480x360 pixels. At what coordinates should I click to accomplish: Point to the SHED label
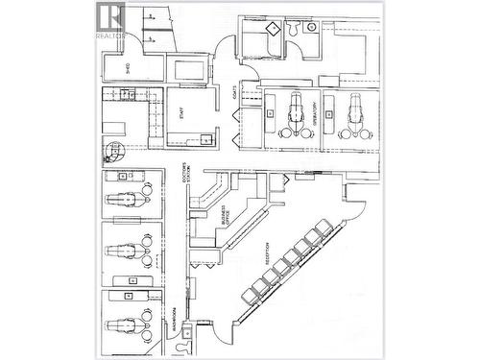pos(129,67)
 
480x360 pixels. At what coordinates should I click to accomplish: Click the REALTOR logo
pos(111,20)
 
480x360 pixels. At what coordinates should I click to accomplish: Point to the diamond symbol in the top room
pos(271,29)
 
